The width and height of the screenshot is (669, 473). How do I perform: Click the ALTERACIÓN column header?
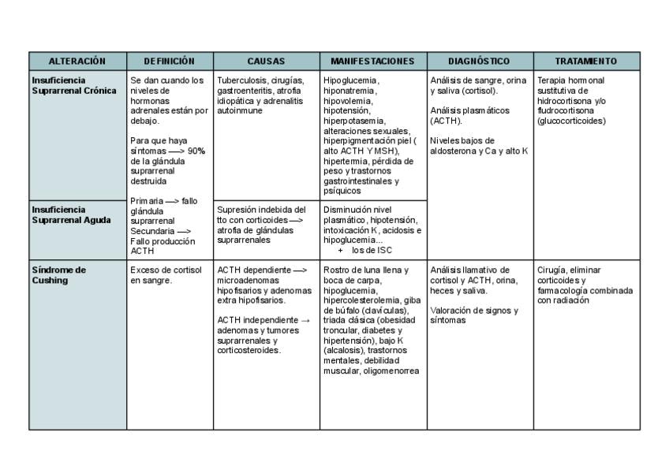click(77, 61)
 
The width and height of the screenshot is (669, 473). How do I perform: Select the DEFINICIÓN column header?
click(170, 61)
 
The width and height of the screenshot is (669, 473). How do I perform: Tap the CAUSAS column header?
click(266, 61)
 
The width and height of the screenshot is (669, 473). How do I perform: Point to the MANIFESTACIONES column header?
click(372, 61)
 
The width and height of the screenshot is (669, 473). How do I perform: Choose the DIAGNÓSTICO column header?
click(479, 61)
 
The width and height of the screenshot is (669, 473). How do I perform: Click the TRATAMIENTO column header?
click(585, 61)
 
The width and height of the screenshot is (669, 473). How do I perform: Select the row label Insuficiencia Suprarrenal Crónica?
click(74, 86)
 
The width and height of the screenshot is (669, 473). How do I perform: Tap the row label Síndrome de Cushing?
click(58, 275)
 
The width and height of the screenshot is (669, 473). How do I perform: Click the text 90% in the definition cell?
click(196, 151)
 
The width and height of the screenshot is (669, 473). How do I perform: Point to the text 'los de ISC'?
click(372, 251)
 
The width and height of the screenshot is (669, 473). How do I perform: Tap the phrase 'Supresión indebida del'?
click(261, 210)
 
